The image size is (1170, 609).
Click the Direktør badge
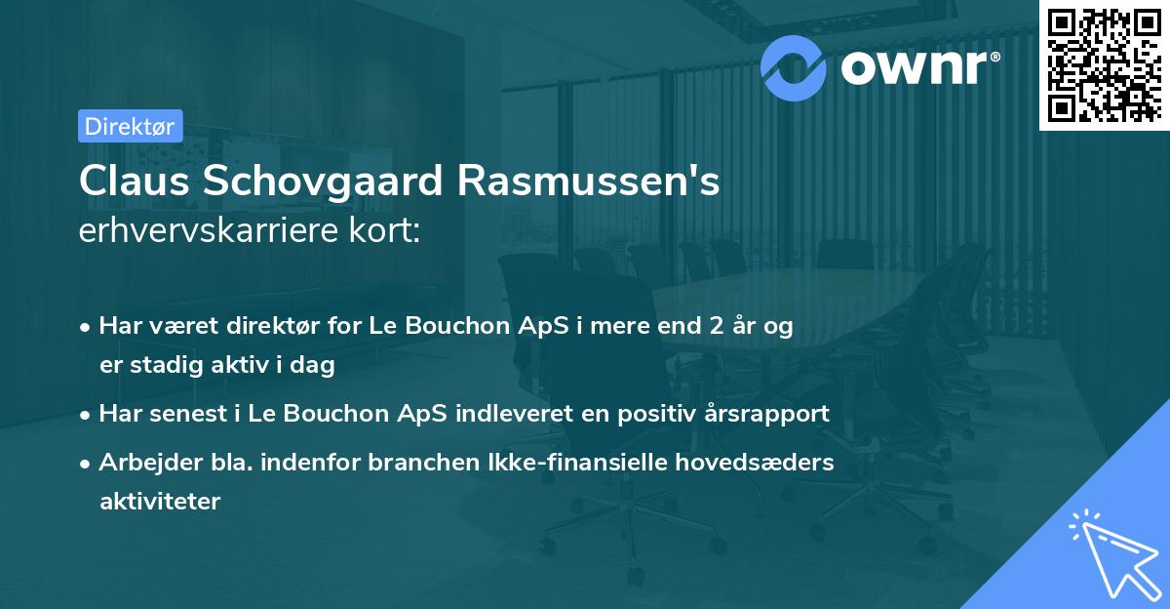(x=130, y=126)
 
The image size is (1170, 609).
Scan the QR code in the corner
(x=1104, y=64)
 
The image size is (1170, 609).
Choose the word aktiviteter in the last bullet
(x=160, y=502)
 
